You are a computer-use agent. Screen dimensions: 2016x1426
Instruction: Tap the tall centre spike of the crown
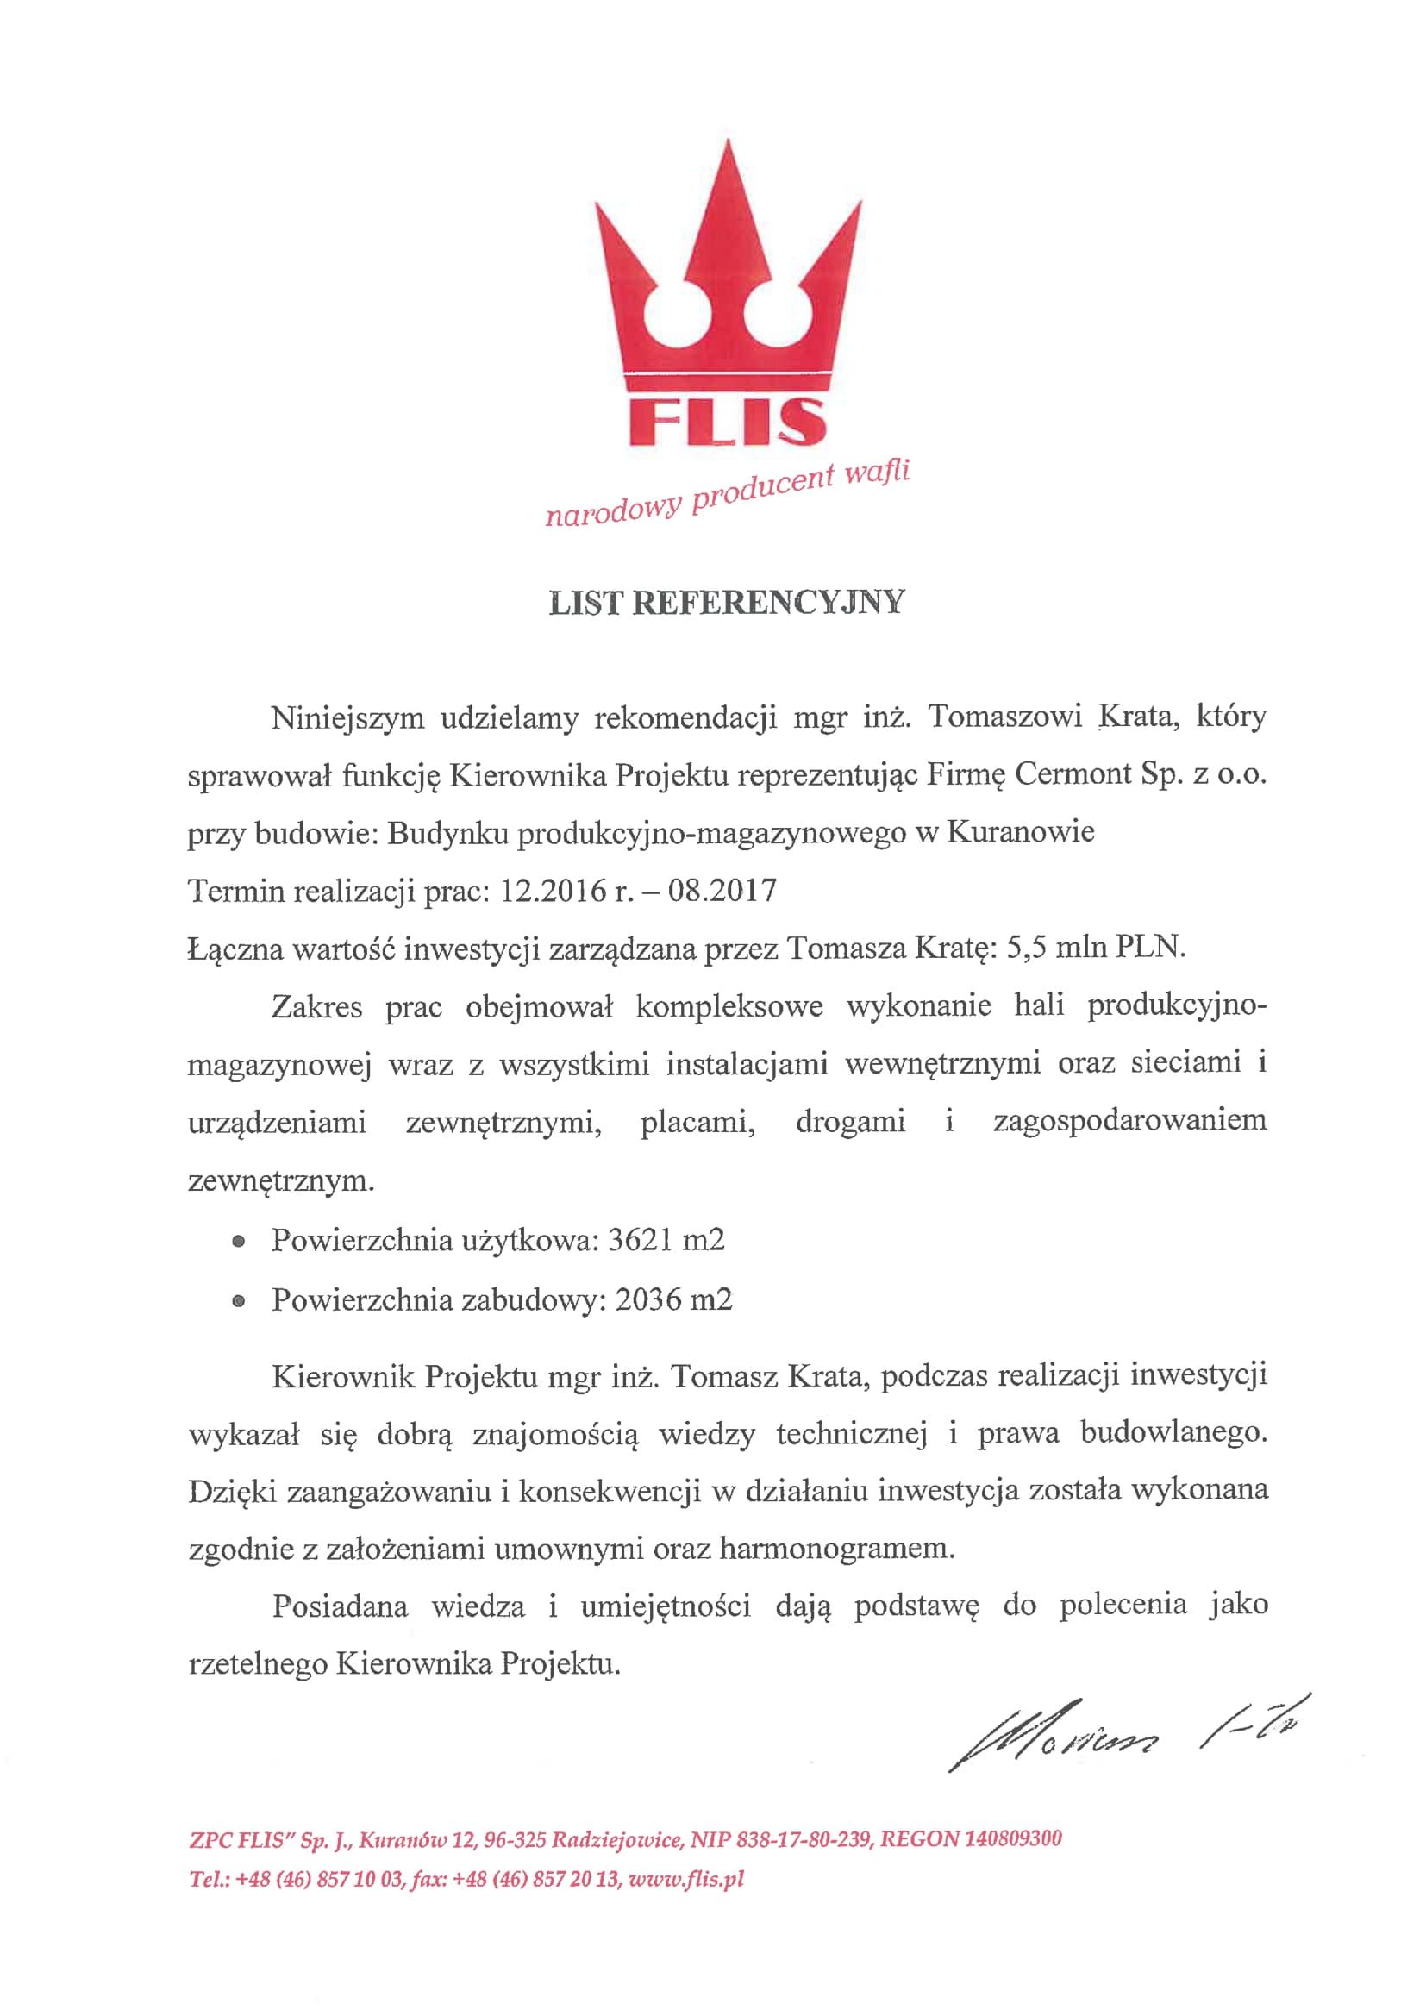(726, 220)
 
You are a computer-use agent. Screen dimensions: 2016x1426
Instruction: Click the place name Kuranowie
(1020, 831)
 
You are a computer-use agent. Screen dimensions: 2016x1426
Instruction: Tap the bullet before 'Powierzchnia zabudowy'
(237, 1301)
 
